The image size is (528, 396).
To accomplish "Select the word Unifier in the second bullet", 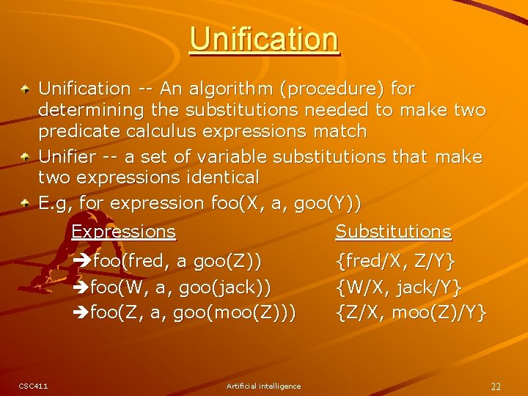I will click(67, 156).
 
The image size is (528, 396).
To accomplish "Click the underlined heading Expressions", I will click(123, 232).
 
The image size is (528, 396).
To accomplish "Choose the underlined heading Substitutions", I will click(393, 232).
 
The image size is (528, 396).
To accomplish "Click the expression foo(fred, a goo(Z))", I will click(176, 261).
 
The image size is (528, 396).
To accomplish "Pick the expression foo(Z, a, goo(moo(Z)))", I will click(193, 313).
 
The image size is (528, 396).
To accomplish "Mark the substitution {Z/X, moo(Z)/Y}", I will click(411, 313).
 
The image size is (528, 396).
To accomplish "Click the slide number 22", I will click(496, 386).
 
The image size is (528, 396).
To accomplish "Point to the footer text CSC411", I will click(33, 386).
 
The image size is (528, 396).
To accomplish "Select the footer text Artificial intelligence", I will click(263, 386).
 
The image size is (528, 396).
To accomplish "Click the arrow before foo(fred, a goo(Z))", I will click(83, 261).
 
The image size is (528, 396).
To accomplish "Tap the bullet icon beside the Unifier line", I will click(25, 157).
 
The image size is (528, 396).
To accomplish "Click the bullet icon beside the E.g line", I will click(25, 202).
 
